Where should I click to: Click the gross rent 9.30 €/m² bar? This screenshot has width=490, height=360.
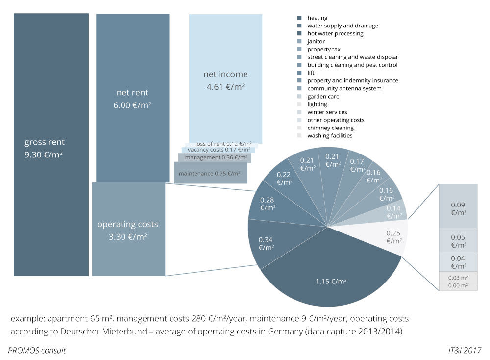[51, 145]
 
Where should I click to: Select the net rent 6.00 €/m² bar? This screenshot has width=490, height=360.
[132, 98]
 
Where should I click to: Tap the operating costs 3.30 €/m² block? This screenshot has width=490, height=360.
[128, 229]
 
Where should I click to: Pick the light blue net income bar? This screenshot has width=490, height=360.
[225, 78]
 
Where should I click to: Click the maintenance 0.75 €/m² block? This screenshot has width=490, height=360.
[210, 174]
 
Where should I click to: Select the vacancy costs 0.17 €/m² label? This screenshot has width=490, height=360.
[219, 149]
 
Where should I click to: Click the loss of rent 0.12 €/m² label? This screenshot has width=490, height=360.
[223, 143]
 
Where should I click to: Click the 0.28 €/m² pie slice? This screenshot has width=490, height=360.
[268, 204]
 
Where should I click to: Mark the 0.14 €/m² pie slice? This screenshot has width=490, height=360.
[393, 212]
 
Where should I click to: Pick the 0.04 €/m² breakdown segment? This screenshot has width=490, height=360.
[458, 261]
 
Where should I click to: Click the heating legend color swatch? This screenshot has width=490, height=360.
[299, 18]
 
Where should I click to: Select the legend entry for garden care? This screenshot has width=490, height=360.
[323, 97]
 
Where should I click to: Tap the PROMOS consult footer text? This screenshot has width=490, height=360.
[37, 350]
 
